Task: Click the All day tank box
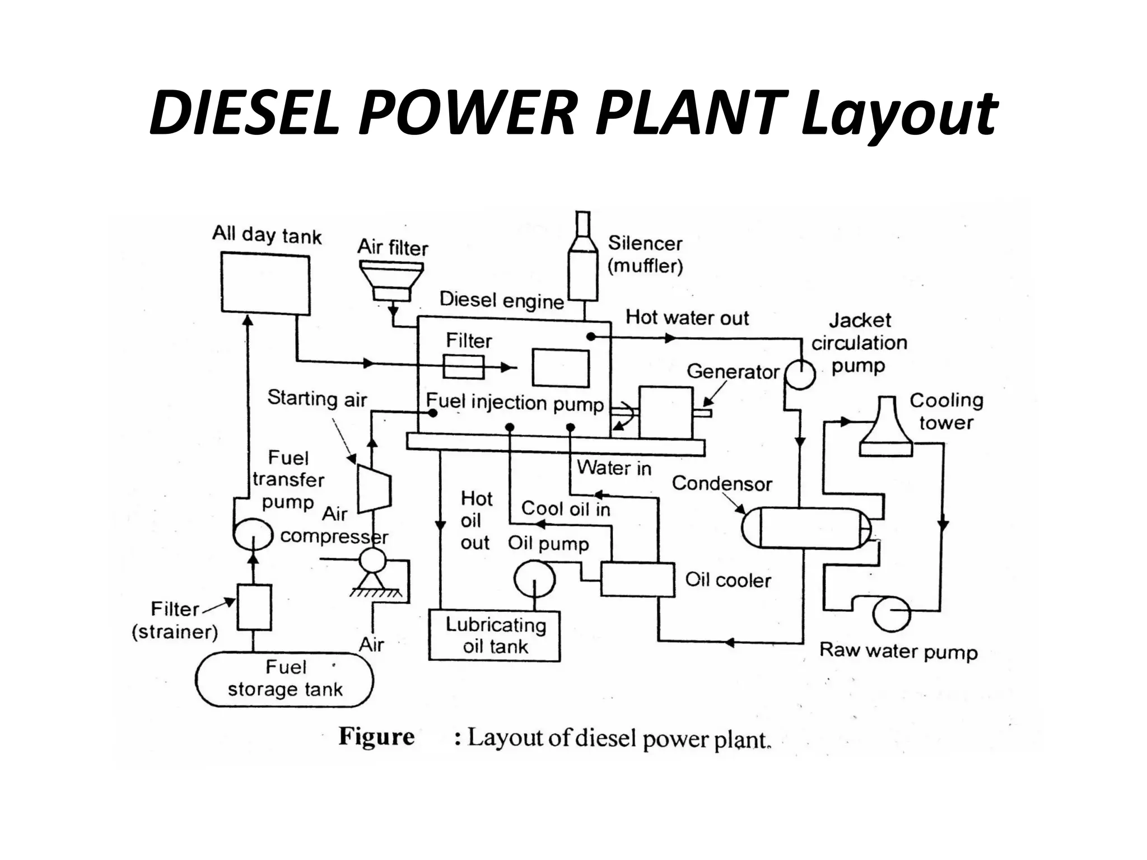click(x=265, y=284)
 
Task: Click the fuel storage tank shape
click(x=284, y=679)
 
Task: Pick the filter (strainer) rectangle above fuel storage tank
click(x=254, y=607)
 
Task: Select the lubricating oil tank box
click(x=495, y=635)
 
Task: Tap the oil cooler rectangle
click(x=637, y=579)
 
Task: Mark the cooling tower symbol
click(x=885, y=427)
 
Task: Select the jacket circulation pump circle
click(x=800, y=373)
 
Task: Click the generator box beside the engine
click(x=665, y=413)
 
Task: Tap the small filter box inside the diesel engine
click(x=463, y=367)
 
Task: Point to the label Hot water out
click(x=687, y=317)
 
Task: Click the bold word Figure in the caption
click(x=376, y=737)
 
